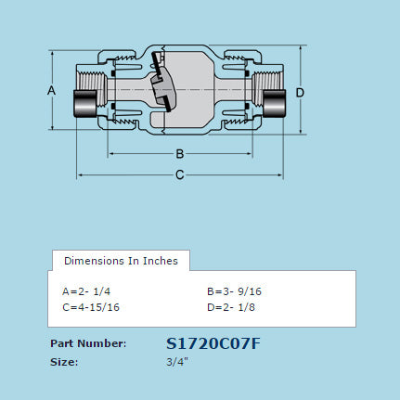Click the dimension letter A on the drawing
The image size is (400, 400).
(52, 90)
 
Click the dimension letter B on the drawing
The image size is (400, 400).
(180, 153)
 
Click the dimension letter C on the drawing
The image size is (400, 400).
(180, 174)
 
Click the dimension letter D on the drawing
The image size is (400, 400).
(300, 92)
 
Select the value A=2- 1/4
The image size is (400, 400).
(86, 290)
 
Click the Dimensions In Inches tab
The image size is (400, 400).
(121, 261)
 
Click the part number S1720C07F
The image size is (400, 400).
(213, 343)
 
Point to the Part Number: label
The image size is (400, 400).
(88, 344)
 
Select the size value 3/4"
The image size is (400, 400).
(176, 362)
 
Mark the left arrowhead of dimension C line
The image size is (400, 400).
(80, 174)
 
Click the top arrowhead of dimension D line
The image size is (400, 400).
(300, 48)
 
